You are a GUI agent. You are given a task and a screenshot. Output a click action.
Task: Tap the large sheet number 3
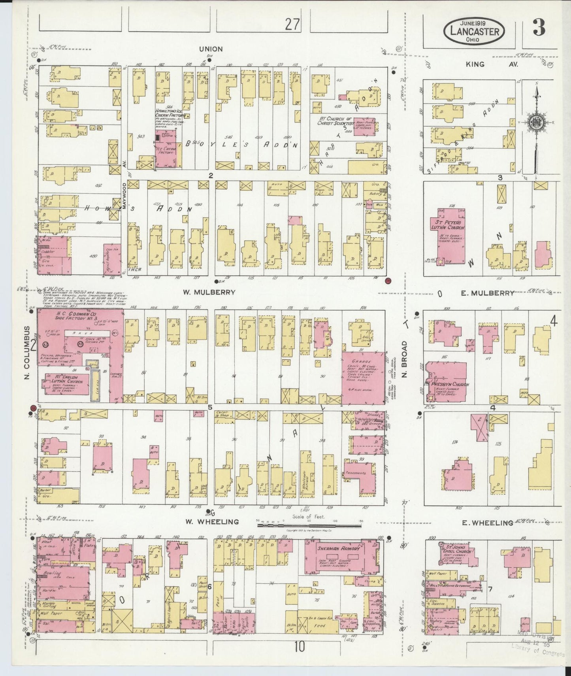[539, 27]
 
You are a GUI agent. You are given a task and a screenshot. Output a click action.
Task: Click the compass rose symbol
[537, 122]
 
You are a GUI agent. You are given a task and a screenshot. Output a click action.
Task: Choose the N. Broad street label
[404, 359]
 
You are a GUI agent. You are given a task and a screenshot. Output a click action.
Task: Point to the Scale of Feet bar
[310, 526]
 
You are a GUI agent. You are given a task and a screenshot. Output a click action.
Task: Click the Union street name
[211, 49]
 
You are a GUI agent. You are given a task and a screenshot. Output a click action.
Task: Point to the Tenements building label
[355, 473]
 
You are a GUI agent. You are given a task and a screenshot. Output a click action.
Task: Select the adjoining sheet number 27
[293, 25]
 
